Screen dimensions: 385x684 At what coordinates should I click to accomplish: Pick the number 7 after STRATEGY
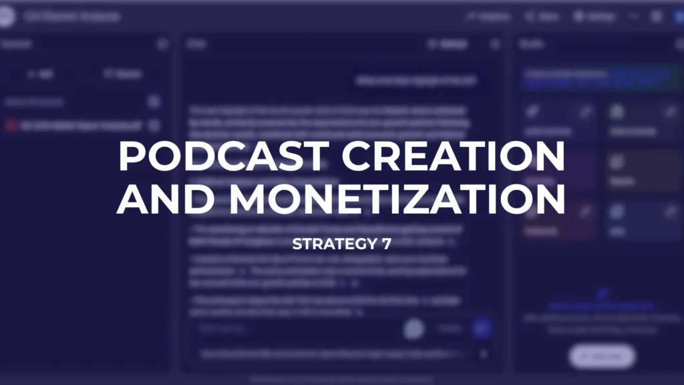(387, 245)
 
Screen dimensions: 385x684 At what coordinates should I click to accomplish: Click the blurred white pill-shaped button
(601, 356)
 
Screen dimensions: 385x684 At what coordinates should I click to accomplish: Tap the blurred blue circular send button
(482, 328)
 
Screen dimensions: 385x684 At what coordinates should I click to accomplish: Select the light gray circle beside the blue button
(414, 328)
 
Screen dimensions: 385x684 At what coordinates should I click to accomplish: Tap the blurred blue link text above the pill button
(601, 306)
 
